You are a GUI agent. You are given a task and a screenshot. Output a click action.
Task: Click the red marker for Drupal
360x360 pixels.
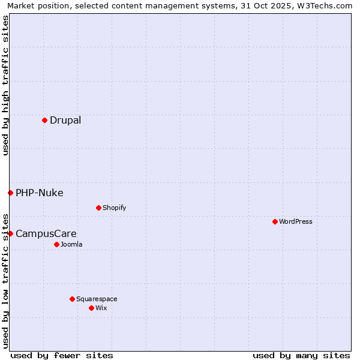point(44,120)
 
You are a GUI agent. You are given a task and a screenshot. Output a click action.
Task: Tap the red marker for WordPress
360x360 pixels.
point(275,221)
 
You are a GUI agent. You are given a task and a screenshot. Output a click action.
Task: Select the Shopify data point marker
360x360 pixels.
point(98,208)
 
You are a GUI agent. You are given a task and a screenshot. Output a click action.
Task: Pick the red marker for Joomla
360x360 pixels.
point(56,244)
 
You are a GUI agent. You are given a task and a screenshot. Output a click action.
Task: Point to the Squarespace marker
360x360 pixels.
point(72,299)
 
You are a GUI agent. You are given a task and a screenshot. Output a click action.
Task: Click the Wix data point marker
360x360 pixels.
point(91,308)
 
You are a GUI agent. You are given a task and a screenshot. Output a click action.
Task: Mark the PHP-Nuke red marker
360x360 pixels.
point(10,193)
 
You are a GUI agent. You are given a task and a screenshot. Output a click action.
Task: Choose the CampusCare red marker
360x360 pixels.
point(10,233)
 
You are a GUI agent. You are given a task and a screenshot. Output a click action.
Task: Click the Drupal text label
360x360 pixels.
point(65,120)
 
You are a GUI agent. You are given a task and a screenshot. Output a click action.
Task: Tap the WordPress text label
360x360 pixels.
point(296,221)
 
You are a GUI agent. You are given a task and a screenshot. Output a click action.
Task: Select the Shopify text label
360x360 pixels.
point(114,208)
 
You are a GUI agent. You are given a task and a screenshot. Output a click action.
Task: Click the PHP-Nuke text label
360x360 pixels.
point(40,193)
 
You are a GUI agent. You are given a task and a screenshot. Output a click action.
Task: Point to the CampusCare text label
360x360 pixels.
point(46,233)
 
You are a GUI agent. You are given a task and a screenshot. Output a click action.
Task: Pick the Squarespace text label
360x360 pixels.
point(97,299)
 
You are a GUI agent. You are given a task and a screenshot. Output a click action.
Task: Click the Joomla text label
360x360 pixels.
point(71,244)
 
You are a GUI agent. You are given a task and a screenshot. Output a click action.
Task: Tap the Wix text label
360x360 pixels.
point(101,308)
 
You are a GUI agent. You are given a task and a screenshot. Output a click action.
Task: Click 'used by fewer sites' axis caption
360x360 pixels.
point(62,355)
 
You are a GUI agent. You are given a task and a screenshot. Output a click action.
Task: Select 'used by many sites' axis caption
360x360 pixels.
point(301,355)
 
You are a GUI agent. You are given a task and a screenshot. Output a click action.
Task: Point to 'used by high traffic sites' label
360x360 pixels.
point(5,85)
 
